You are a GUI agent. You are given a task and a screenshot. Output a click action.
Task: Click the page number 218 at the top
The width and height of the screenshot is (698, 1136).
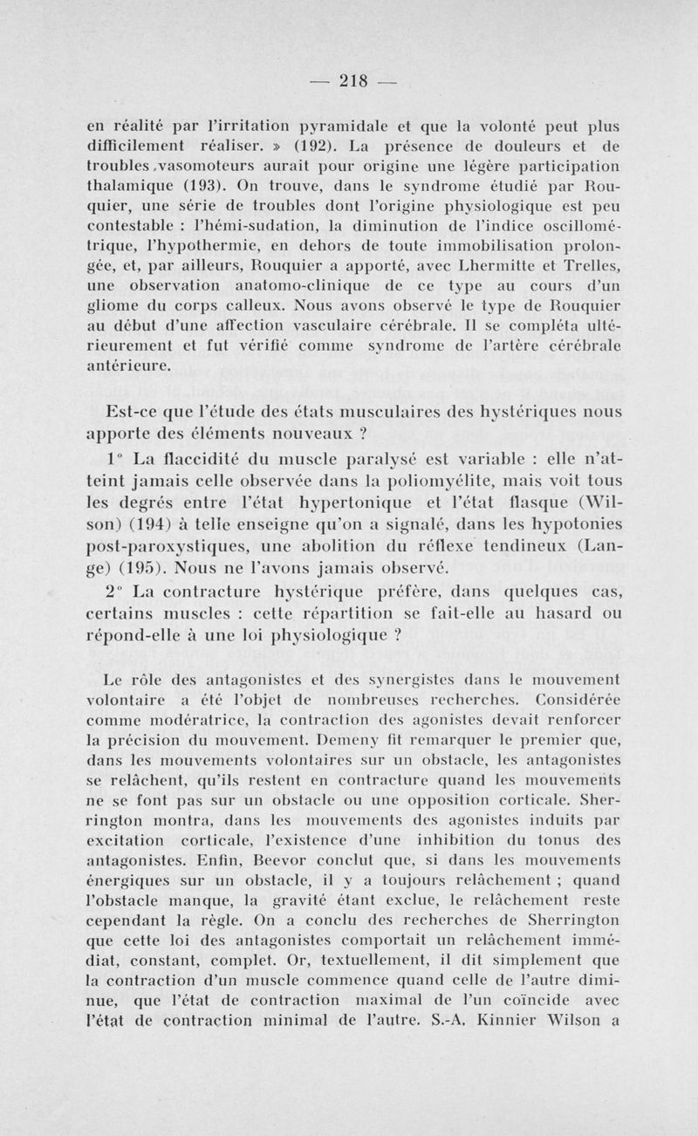[352, 83]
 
